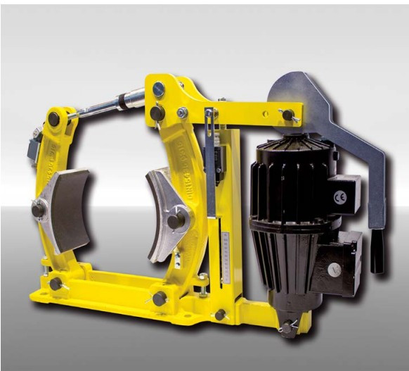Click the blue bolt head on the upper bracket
160,89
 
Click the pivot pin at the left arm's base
56,284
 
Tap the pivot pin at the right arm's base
160,298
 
